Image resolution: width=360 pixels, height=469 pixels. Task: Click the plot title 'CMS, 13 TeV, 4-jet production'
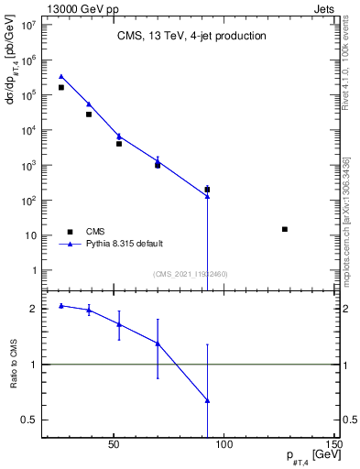[191, 37]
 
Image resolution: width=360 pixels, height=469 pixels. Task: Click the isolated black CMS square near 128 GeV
[285, 229]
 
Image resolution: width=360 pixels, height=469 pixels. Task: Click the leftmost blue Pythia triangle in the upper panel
[61, 77]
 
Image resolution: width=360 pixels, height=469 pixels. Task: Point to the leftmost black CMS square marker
[61, 88]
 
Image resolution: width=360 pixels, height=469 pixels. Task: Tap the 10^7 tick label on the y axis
[27, 25]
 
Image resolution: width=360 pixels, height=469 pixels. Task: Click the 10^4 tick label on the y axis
[27, 130]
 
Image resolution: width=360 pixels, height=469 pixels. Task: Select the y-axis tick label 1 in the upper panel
[33, 271]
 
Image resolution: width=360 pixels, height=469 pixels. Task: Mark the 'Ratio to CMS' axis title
[14, 365]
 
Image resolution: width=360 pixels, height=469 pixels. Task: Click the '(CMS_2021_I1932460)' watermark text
[190, 274]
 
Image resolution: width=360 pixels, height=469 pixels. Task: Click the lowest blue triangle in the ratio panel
[208, 400]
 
